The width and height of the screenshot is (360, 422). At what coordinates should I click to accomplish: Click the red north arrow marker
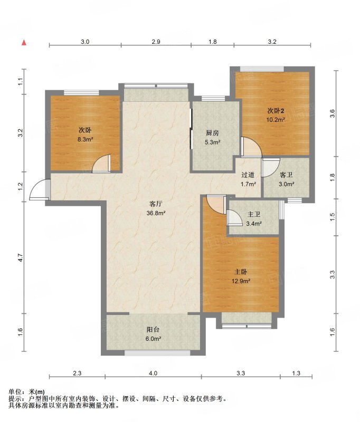point(24,43)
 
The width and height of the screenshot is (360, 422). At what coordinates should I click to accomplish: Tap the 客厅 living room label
point(156,204)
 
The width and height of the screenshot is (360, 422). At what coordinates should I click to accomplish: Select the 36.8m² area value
point(156,213)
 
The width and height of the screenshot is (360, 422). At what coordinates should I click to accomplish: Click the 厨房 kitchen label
point(212,133)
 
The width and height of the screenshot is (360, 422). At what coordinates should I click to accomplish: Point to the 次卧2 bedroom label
point(276,111)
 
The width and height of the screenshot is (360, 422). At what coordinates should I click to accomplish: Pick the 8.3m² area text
point(86,139)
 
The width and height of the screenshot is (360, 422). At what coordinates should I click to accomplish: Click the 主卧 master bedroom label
point(241,272)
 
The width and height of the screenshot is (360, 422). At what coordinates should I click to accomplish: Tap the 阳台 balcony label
point(153,329)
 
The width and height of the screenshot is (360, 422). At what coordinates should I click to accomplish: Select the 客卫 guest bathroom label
point(286,175)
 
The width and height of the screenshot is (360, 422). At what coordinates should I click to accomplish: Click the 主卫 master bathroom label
point(254,214)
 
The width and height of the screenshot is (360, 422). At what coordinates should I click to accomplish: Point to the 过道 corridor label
point(248,175)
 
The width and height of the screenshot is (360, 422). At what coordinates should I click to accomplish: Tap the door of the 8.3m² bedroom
point(101,164)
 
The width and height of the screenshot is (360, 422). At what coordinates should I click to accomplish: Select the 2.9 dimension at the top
point(156,42)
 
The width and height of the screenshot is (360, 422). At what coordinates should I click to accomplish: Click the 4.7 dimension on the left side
point(21,257)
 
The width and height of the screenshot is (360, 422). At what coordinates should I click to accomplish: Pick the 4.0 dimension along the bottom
point(153,373)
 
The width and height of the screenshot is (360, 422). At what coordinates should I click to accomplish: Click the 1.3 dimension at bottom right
point(296,373)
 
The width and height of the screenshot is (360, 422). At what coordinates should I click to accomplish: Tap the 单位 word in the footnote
point(15,392)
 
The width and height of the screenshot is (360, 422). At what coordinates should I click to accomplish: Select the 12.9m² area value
point(241,281)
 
